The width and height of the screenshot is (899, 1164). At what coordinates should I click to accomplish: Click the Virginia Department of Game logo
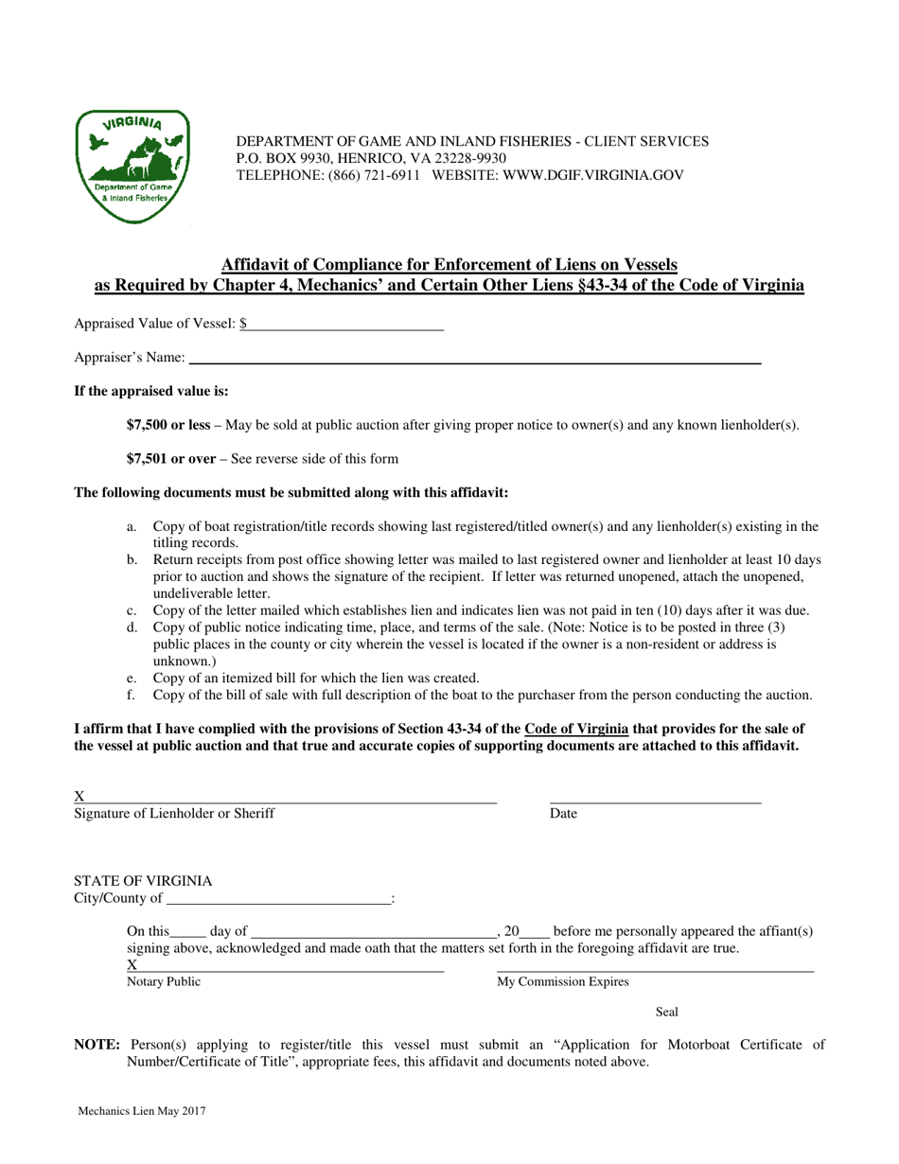(132, 168)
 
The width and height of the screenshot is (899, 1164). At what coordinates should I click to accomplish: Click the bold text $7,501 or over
(171, 459)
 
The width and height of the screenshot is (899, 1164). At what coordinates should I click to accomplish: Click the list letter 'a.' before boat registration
(132, 526)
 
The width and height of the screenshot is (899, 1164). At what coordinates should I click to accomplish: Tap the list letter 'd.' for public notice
(132, 626)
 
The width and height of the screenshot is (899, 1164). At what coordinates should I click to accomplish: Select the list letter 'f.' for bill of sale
(132, 695)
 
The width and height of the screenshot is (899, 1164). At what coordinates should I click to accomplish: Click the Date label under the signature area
(563, 813)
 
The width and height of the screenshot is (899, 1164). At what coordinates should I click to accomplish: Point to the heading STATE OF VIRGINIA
(143, 880)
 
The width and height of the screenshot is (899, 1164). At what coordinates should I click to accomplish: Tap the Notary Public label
(164, 982)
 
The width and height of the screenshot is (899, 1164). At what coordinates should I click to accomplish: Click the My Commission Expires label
(563, 982)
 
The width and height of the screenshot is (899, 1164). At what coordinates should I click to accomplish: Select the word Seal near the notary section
(667, 1013)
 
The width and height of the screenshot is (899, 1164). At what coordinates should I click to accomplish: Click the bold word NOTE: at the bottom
(97, 1045)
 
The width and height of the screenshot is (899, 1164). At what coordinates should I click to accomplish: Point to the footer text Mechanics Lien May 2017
(142, 1112)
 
